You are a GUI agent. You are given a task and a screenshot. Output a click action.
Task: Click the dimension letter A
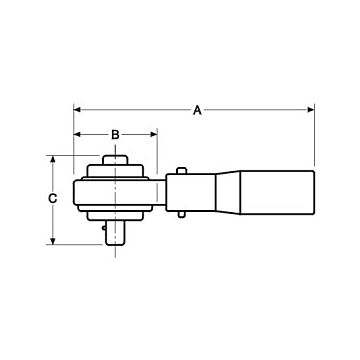196,111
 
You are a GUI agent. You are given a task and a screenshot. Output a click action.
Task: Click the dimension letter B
115,134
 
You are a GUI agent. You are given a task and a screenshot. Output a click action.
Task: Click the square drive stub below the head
117,231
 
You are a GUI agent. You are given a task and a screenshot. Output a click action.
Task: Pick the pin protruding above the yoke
181,170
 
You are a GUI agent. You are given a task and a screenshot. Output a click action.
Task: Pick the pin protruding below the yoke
181,214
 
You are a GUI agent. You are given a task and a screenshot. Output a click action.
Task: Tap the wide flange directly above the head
117,168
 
